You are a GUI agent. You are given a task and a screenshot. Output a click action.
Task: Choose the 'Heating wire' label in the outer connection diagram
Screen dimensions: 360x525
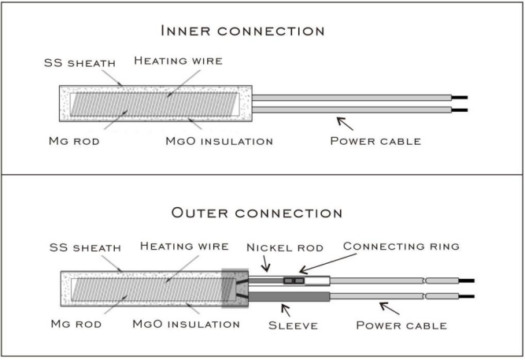pos(183,246)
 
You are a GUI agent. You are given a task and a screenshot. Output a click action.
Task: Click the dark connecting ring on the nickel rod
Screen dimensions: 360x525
pos(293,280)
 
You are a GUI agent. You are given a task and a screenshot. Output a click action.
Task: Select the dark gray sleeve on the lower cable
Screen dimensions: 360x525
pos(288,296)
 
